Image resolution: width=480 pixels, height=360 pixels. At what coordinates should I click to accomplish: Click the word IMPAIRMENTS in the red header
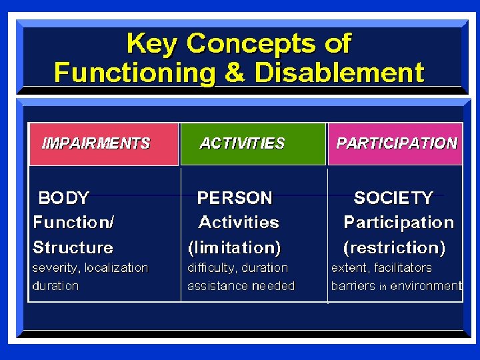coord(96,143)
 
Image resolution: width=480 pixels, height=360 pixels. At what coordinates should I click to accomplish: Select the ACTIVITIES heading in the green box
coord(242,143)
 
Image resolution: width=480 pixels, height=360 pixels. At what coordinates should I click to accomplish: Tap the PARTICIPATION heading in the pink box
coord(397,143)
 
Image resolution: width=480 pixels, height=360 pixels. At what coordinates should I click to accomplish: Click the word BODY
coord(64,198)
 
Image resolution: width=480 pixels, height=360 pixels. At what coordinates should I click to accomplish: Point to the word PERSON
coord(235,198)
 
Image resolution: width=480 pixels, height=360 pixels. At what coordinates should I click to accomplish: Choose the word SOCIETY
coord(393,198)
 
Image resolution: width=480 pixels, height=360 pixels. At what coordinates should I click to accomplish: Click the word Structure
coord(73,248)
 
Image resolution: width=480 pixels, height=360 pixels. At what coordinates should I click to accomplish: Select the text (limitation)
coord(235,248)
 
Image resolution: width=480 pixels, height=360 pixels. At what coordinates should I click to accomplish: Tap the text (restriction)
coord(394,248)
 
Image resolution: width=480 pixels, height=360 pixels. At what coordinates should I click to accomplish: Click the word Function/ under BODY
coord(73,223)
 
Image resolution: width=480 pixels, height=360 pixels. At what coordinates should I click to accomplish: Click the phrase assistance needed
coord(241,286)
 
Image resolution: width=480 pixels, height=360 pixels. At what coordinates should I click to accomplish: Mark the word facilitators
coord(403,268)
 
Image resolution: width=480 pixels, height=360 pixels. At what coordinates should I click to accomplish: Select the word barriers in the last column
coord(353,286)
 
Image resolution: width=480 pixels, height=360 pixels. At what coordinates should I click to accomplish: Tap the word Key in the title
coord(153,44)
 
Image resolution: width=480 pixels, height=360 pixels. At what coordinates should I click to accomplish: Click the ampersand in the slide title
coord(234,72)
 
